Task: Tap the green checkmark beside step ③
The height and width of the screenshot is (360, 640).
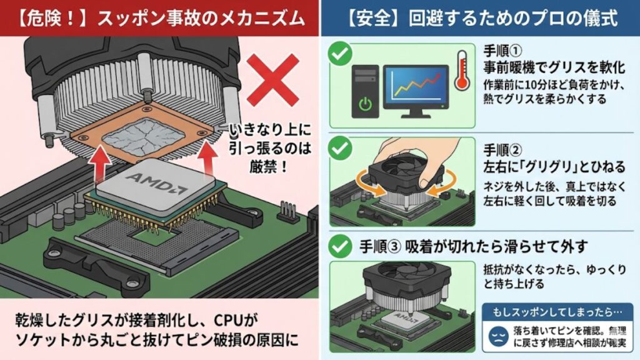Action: pos(341,246)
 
